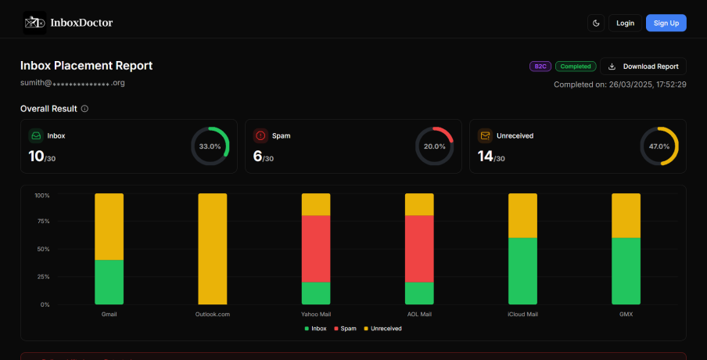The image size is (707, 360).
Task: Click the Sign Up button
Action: click(x=666, y=23)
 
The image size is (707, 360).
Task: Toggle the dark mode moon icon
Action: click(x=596, y=23)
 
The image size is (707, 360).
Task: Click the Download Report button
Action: click(x=643, y=67)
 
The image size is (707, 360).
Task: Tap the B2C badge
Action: click(x=540, y=67)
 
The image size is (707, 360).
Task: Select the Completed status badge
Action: click(x=576, y=67)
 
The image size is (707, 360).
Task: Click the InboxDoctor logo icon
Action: click(x=34, y=23)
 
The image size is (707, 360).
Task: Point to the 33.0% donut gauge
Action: click(x=210, y=146)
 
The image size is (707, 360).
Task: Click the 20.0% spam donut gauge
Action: click(x=434, y=146)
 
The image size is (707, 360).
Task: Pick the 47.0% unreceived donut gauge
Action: click(x=659, y=146)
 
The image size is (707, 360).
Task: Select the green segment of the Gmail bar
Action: click(x=109, y=282)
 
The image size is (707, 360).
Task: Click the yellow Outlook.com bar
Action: click(x=213, y=249)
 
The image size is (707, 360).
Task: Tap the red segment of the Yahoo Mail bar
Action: click(x=316, y=248)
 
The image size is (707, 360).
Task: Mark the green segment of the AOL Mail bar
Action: click(x=419, y=293)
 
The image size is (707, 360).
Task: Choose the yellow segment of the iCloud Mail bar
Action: click(x=522, y=215)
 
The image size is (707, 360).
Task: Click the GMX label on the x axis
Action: click(x=626, y=315)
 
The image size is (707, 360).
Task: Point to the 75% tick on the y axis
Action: click(x=43, y=221)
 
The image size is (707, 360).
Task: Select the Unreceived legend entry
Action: click(x=383, y=329)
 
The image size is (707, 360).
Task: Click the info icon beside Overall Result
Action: click(x=84, y=108)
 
